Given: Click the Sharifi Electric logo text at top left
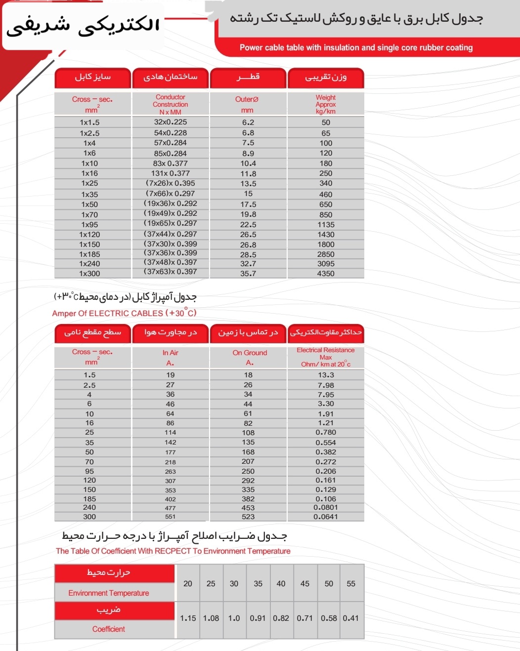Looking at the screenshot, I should point(83,26).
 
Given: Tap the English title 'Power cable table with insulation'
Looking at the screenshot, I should point(356,47).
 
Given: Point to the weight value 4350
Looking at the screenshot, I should point(326,274).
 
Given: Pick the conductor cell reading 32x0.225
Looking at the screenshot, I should point(171,122).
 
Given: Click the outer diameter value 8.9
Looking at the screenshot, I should point(248,153).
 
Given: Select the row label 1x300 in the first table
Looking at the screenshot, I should point(89,274).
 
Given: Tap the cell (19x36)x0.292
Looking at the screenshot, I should point(171,203).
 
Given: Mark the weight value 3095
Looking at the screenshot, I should point(326,264).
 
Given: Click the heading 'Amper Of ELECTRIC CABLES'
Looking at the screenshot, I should point(124,313).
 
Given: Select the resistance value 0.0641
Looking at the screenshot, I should point(326,517).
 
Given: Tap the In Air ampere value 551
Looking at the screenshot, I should point(171,517).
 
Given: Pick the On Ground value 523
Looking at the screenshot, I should point(248,517).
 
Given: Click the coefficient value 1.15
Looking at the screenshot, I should point(188,618).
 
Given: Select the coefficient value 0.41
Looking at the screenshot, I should point(351,618).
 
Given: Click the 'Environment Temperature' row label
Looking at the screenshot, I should point(109,593).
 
